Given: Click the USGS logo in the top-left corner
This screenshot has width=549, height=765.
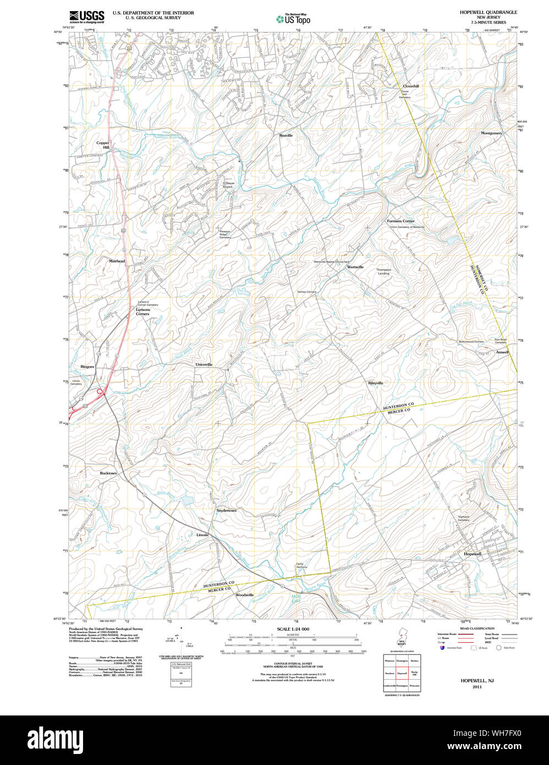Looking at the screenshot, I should click(x=86, y=17).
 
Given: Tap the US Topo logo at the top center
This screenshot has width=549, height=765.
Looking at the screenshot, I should click(x=293, y=19).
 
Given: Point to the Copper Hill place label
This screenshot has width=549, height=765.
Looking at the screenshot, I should click(x=103, y=145).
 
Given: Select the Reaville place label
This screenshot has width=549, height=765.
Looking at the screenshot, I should click(x=286, y=135).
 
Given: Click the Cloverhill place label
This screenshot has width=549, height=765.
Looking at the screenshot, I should click(x=410, y=86).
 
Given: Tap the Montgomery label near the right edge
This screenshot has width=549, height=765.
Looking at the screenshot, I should click(x=491, y=133).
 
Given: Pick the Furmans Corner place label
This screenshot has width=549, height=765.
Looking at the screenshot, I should click(x=400, y=221).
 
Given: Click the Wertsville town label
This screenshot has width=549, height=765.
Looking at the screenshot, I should click(x=355, y=267).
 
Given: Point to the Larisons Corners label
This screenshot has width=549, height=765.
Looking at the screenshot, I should click(x=142, y=312).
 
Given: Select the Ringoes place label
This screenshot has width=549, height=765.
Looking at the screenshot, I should click(x=87, y=366).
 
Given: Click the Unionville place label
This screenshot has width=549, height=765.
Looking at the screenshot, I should click(x=204, y=364).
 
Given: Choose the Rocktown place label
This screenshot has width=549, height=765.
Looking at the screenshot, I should click(x=108, y=473).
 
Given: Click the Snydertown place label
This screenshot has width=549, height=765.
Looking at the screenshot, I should click(x=226, y=511).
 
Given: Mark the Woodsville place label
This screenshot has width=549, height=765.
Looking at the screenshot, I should click(x=245, y=595).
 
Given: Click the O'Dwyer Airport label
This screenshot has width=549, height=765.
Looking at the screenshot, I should click(x=228, y=185).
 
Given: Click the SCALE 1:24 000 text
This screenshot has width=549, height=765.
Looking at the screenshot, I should click(x=293, y=629).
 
